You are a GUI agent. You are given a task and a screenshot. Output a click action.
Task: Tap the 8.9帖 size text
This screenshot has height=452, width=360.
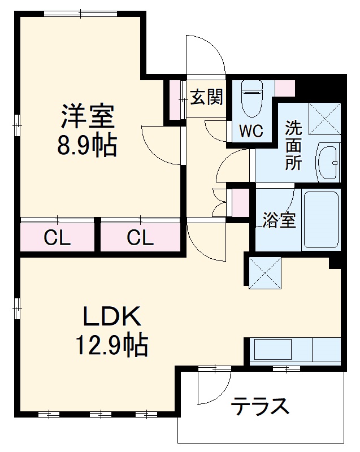coord(88,146)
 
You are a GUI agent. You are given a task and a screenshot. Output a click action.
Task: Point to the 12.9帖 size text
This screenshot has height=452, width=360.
coord(111,345)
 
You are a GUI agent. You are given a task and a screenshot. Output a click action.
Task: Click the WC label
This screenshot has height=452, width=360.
coord(250,131)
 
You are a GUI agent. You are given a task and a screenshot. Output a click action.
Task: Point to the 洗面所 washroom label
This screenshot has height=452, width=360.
coord(293,145)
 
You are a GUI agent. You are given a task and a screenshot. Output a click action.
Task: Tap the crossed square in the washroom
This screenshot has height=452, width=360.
coord(324,119)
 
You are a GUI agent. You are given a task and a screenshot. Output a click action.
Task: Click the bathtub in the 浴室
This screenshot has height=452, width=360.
coord(321,219)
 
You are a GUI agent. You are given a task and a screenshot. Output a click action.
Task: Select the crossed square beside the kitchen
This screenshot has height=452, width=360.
coord(264,272)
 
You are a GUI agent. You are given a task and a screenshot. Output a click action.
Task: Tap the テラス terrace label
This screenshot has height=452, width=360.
coord(261,406)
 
